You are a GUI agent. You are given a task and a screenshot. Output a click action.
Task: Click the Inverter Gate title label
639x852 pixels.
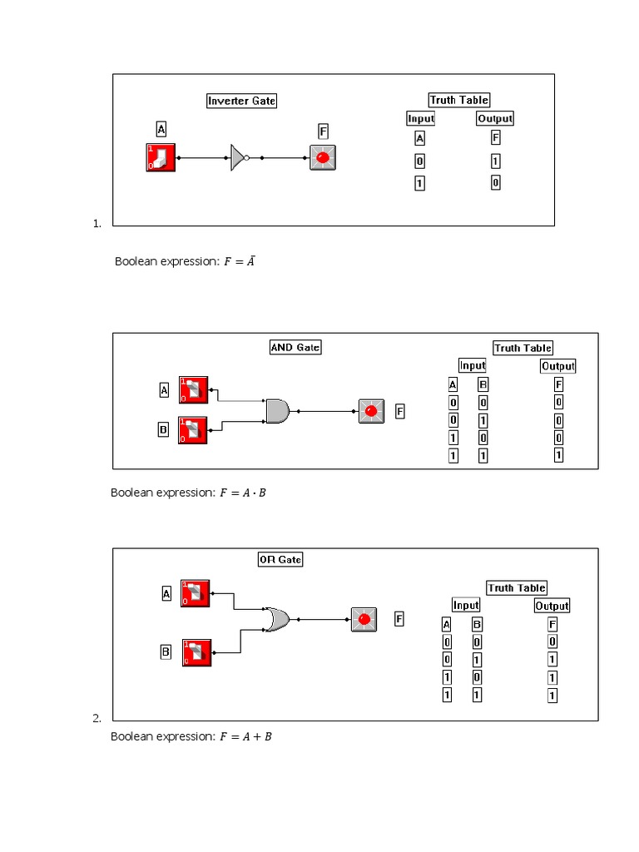[x=241, y=101]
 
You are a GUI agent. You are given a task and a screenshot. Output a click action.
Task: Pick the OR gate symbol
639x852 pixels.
[x=276, y=619]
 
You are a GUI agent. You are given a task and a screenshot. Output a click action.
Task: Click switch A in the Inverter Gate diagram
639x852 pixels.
[x=161, y=156]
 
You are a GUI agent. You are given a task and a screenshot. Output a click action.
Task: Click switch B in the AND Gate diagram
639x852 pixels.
[x=192, y=430]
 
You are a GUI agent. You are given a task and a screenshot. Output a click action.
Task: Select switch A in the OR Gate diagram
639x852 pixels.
[x=196, y=593]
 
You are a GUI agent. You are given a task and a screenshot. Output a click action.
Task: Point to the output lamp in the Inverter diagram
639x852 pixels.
[x=323, y=156]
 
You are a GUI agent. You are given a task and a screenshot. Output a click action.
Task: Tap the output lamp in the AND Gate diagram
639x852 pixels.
[x=371, y=411]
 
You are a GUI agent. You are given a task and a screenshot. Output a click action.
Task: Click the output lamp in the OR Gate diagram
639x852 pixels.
[x=364, y=620]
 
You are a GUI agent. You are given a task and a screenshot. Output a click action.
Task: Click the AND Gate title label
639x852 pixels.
[x=295, y=347]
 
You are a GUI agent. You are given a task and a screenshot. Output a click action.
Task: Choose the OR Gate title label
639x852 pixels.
[x=280, y=560]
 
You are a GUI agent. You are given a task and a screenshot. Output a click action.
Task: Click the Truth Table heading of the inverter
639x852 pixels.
[x=459, y=100]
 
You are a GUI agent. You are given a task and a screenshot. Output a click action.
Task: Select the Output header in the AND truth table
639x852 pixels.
[x=557, y=365]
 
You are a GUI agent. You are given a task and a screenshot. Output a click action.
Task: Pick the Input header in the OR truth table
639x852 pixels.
[x=466, y=605]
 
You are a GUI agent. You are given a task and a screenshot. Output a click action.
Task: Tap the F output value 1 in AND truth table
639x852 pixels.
[x=558, y=455]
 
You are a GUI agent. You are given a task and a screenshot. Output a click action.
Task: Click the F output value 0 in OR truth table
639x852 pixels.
[x=552, y=641]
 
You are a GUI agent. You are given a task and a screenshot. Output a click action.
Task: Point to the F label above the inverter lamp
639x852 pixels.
[x=323, y=131]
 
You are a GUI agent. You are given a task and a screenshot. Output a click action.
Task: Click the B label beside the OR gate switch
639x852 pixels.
[x=166, y=653]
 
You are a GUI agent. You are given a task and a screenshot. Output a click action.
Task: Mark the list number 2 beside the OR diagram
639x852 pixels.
[x=97, y=718]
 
